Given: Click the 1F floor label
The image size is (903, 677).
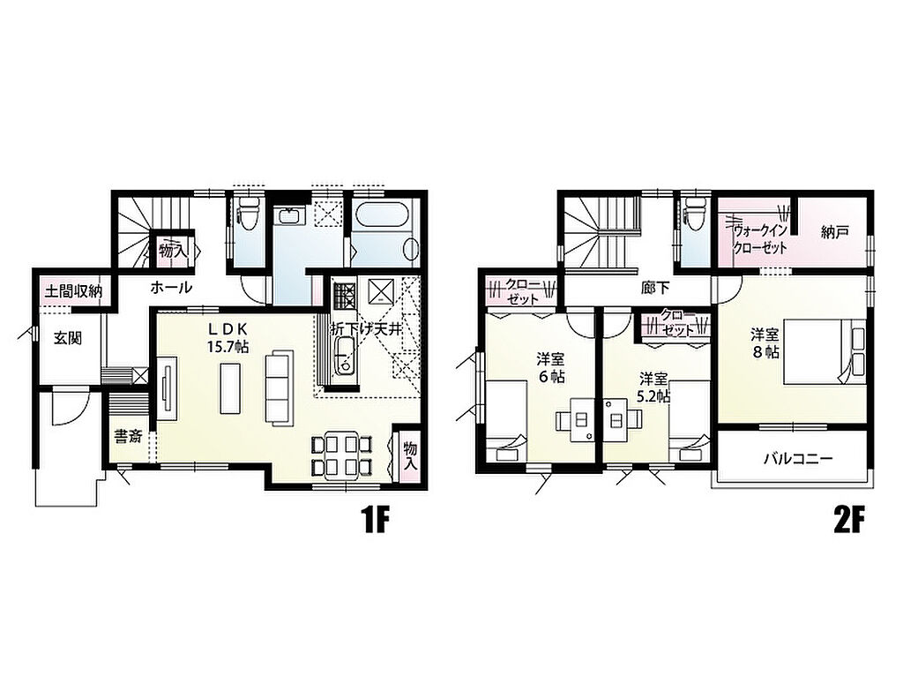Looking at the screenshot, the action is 376,521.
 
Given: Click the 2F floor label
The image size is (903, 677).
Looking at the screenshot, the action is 849,521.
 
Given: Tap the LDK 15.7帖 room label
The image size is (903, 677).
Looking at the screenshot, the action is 228,337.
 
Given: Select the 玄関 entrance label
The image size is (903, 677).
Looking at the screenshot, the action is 68,339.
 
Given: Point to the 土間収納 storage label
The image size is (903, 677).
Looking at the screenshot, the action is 73,292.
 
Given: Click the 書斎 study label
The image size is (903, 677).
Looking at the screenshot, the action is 127,437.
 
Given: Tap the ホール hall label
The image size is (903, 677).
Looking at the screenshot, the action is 171,287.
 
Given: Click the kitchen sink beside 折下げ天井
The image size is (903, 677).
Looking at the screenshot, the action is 345,358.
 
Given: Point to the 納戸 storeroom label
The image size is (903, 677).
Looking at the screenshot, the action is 834,232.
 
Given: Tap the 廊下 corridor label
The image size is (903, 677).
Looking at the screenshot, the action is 655,287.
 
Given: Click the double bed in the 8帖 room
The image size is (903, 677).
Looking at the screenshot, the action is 825,352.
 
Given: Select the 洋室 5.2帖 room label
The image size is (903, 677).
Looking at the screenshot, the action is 653,387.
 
